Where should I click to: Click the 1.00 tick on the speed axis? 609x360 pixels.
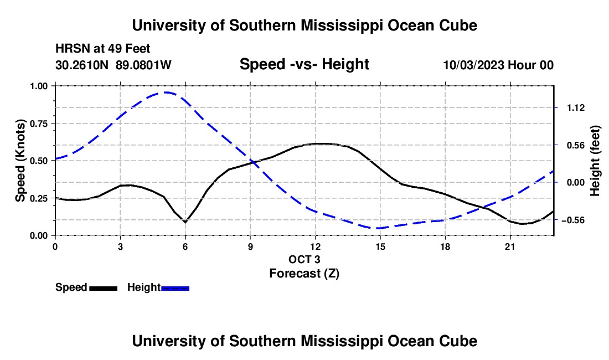(x=39, y=86)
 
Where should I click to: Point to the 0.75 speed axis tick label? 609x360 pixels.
(x=39, y=124)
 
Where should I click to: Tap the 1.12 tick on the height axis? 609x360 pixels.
(x=576, y=108)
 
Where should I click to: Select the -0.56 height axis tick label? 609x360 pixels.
(x=573, y=220)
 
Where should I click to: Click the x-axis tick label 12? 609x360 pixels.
(x=316, y=246)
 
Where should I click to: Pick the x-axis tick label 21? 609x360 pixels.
(x=510, y=246)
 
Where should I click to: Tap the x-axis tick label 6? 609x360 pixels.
(x=185, y=246)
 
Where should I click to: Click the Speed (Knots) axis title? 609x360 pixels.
(x=20, y=161)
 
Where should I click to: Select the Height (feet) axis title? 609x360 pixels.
(x=595, y=161)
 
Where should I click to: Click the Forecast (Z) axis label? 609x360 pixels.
(x=304, y=274)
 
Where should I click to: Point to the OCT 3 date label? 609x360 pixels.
(x=304, y=259)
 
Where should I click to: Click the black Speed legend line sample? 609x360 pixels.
(x=104, y=288)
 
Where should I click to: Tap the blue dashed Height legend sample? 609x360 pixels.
(x=175, y=288)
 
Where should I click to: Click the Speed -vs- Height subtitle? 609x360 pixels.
(x=304, y=64)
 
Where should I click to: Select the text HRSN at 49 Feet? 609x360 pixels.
(x=102, y=49)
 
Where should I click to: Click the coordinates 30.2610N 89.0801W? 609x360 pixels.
(x=113, y=65)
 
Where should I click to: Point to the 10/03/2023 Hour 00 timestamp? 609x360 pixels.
(x=498, y=65)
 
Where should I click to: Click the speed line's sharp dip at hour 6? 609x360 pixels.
(x=185, y=222)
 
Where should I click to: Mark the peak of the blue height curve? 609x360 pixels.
(x=166, y=92)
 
